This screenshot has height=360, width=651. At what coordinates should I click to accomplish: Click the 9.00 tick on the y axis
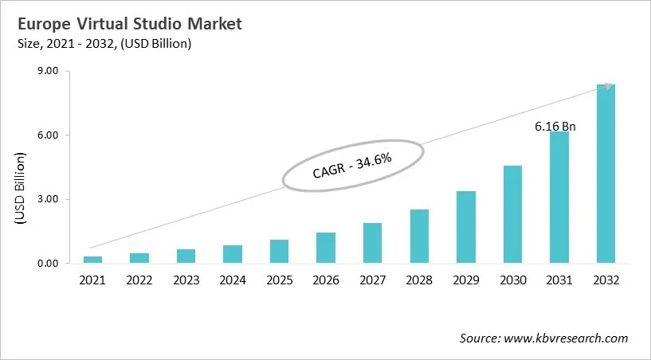tap(49, 71)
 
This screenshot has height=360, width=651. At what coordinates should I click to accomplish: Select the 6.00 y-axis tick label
tap(49, 135)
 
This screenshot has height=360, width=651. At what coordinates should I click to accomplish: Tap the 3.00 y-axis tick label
tap(49, 199)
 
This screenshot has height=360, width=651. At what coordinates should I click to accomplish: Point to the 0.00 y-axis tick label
tap(49, 264)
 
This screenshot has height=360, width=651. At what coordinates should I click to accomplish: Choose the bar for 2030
tap(512, 214)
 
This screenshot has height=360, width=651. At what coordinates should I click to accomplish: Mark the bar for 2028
tap(419, 237)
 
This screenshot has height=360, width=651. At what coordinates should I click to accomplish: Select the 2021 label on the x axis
tap(93, 280)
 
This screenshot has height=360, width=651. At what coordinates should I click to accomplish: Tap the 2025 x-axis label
tap(280, 280)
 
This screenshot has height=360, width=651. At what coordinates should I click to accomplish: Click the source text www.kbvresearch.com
tap(543, 338)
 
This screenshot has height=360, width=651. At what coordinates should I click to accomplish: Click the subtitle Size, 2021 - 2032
tap(101, 45)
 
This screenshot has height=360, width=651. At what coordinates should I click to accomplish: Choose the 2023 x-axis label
tap(186, 280)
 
